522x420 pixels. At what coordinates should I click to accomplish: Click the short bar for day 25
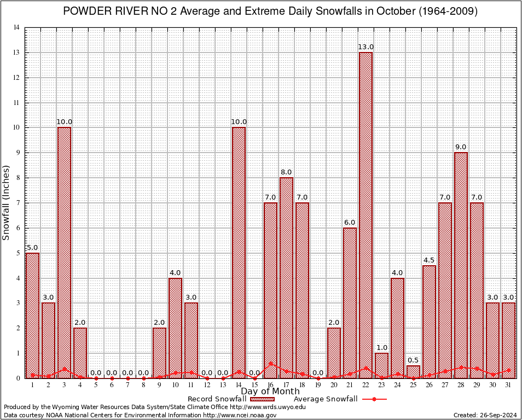point(413,372)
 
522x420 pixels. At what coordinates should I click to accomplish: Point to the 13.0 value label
point(366,47)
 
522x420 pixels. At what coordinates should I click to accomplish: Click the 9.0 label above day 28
point(461,147)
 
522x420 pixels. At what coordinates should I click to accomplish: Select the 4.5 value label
point(429,260)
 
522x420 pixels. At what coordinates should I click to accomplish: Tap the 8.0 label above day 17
point(286,172)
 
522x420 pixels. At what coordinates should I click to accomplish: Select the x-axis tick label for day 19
point(318,385)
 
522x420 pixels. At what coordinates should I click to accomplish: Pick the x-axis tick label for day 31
point(508,385)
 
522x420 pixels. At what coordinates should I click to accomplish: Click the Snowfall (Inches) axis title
point(7,202)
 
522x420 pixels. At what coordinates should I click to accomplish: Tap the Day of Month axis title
point(270,392)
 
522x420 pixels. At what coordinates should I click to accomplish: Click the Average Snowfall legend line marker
point(374,399)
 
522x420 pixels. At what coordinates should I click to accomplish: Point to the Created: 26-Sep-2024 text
point(485,416)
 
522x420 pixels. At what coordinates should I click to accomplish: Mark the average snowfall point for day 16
point(270,363)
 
